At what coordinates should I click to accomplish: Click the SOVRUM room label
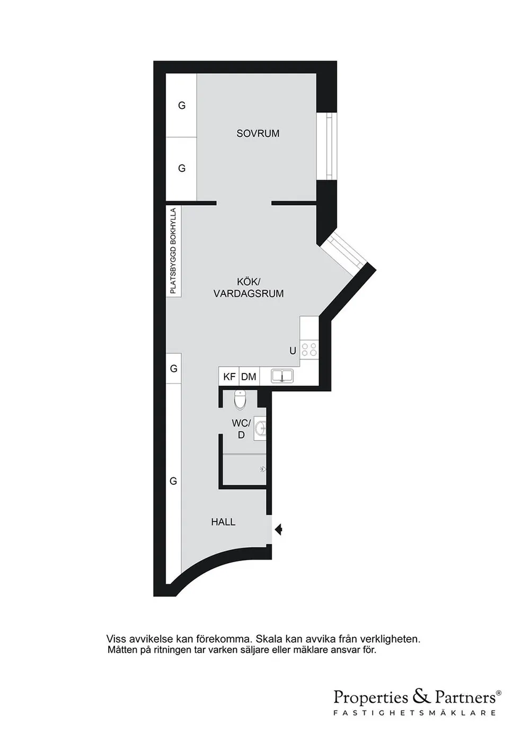coord(258,134)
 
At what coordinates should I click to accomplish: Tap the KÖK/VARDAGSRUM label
coord(249,287)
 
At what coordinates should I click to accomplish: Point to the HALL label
coord(223,522)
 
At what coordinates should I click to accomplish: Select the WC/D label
coord(241,429)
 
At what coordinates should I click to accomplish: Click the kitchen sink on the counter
coord(282,376)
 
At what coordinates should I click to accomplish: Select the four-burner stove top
coord(309,349)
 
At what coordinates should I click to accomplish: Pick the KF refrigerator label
coord(229,377)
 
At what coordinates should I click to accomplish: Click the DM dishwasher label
coord(249,377)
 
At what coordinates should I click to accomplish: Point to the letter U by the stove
coord(293,351)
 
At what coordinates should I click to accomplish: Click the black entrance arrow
coord(279,528)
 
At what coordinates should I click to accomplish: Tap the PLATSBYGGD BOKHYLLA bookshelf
coord(173,251)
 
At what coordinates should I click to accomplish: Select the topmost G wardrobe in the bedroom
coord(182,106)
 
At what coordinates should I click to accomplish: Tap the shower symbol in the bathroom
coord(263,469)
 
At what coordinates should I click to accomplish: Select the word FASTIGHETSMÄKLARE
coord(414,713)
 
